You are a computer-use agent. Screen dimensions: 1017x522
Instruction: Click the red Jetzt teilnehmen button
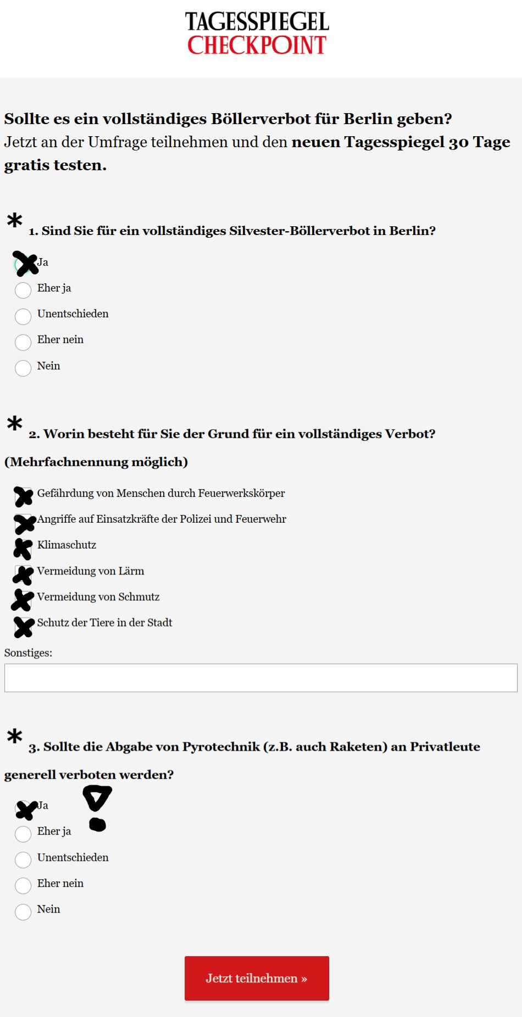coord(257,978)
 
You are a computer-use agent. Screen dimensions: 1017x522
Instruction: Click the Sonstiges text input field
coord(260,678)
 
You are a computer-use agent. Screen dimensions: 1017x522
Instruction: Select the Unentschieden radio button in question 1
coord(23,316)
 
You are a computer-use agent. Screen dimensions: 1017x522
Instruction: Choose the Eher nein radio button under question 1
coord(23,342)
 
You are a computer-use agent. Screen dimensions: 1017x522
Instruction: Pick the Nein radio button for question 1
coord(23,368)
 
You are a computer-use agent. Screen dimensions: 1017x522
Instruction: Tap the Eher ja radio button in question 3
coord(23,834)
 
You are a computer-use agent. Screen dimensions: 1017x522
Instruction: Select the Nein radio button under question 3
coord(23,912)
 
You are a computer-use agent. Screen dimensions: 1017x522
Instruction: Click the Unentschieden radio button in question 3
coord(23,859)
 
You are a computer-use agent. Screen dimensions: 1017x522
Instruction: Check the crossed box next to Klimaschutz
coord(23,548)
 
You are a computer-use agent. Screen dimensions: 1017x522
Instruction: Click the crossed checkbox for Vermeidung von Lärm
coord(23,574)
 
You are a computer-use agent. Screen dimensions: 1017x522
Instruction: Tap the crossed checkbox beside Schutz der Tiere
coord(24,627)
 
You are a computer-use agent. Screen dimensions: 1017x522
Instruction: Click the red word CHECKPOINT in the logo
coord(257,46)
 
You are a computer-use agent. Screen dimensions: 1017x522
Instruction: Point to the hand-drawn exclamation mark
coord(97,807)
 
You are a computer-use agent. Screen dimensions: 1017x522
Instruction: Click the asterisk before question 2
coord(14,423)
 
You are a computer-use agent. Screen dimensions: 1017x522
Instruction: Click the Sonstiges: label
coord(28,653)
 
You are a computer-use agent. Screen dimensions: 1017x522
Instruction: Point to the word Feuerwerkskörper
coord(241,493)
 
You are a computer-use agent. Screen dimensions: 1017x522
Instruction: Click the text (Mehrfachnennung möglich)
coord(96,462)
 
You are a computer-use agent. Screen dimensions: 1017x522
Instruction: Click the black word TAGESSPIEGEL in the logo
coord(257,22)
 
